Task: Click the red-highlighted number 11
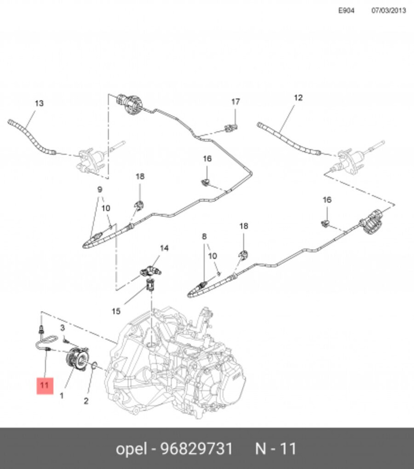click(x=45, y=386)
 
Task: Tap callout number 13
click(x=39, y=103)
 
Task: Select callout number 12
click(x=298, y=98)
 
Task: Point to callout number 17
click(x=235, y=102)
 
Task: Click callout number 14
click(x=164, y=248)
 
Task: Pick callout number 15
click(x=116, y=311)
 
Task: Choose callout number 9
click(x=100, y=190)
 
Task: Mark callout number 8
click(x=204, y=237)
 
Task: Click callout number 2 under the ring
click(x=86, y=401)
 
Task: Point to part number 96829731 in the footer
click(x=197, y=449)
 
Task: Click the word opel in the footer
click(x=132, y=449)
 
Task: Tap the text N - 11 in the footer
click(x=276, y=449)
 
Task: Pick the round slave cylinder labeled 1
click(x=76, y=359)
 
